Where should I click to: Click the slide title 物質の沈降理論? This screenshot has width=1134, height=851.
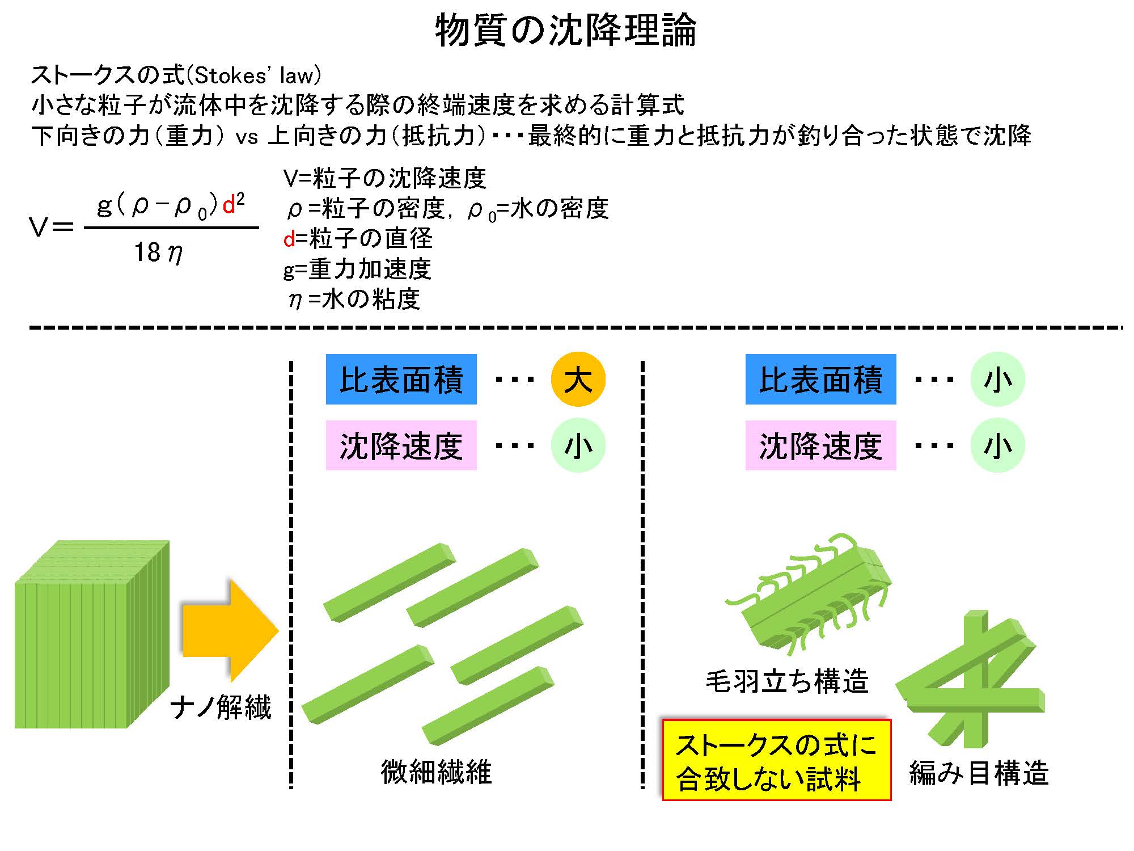pos(566,30)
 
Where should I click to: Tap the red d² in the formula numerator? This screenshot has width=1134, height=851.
pos(234,204)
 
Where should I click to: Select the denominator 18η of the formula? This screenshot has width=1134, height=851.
pos(158,252)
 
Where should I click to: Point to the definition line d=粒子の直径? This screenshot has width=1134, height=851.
pos(358,238)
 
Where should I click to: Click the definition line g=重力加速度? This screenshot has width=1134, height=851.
pos(357,269)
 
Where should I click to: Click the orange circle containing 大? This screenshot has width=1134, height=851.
pos(578,379)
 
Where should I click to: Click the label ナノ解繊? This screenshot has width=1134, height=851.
pos(221,708)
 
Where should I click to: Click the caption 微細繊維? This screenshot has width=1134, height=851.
pos(436,772)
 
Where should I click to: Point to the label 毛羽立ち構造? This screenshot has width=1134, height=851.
pos(787,681)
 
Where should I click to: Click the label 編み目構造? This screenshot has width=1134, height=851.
pos(979,773)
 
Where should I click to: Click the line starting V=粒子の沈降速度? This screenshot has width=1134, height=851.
pos(385,178)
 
